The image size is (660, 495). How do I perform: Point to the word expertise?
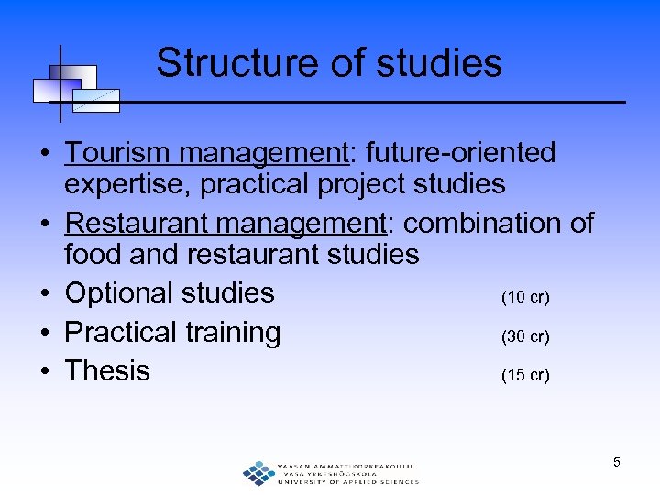pos(127,184)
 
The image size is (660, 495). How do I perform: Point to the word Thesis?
pos(107,370)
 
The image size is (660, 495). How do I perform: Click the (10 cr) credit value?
pos(525,297)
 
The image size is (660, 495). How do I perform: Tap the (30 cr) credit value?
pos(525,336)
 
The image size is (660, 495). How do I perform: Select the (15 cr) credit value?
pos(525,375)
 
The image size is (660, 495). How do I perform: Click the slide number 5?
pos(617,462)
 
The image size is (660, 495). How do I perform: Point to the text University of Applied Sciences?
pos(347,481)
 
